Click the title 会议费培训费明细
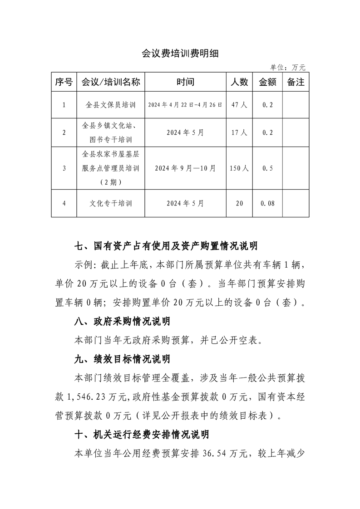tap(180, 54)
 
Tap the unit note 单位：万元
tap(288, 68)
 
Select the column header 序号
tap(64, 82)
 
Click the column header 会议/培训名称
tap(110, 82)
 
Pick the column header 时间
tap(185, 82)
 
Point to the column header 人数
tap(239, 82)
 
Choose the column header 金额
tap(267, 82)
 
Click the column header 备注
tap(296, 82)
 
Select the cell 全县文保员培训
tap(110, 105)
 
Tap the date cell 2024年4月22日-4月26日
tap(185, 105)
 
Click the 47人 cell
tap(239, 105)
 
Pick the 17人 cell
tap(239, 132)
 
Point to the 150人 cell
tap(239, 168)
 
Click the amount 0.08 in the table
tap(268, 203)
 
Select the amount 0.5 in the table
tap(268, 168)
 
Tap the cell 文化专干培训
tap(110, 203)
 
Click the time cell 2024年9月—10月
tap(185, 168)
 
